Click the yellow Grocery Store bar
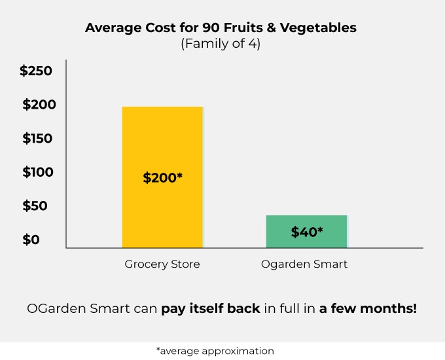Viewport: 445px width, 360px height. click(162, 144)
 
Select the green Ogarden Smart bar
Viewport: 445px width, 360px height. click(306, 223)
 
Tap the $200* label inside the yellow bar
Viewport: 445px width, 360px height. click(162, 177)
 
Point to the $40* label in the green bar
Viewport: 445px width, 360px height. click(307, 232)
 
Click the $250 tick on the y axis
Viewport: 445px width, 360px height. click(36, 71)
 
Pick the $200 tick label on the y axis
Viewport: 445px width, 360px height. click(39, 105)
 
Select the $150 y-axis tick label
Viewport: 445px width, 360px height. click(39, 139)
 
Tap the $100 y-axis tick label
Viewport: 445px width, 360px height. click(39, 173)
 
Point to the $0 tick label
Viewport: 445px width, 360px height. click(31, 240)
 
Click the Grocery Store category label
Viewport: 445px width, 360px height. click(162, 264)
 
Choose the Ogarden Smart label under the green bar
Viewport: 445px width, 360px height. click(304, 264)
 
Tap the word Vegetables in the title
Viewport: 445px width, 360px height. click(323, 29)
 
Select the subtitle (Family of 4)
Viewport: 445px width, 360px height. click(220, 45)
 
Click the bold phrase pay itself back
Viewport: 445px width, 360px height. click(211, 308)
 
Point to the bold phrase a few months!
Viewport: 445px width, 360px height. click(368, 308)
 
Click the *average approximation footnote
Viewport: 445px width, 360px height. click(215, 351)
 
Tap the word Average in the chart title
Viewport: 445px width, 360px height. click(109, 29)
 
